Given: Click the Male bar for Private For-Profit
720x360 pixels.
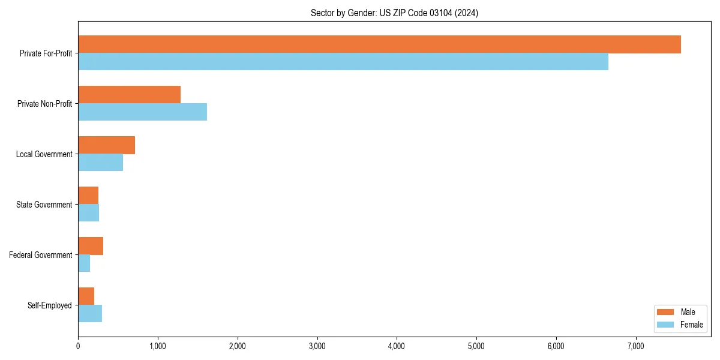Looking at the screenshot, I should click(379, 44).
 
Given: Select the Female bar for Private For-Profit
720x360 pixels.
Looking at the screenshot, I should click(343, 62).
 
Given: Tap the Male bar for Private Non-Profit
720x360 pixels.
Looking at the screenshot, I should click(129, 95).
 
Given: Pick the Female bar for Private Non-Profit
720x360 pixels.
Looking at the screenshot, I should click(142, 112).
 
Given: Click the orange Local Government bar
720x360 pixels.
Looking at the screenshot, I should click(106, 145).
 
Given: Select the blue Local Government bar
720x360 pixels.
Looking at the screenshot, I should click(100, 163).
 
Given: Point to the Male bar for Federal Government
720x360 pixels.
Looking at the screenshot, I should click(91, 246).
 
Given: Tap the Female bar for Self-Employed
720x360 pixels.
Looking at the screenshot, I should click(90, 314).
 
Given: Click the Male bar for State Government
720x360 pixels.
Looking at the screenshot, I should click(88, 196).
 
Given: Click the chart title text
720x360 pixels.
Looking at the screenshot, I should click(394, 13).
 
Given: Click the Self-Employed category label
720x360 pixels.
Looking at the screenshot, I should click(50, 305).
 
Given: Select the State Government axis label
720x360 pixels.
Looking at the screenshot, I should click(44, 205).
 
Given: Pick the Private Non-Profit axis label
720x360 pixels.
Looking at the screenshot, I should click(44, 104).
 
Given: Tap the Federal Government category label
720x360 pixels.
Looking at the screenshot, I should click(41, 255).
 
